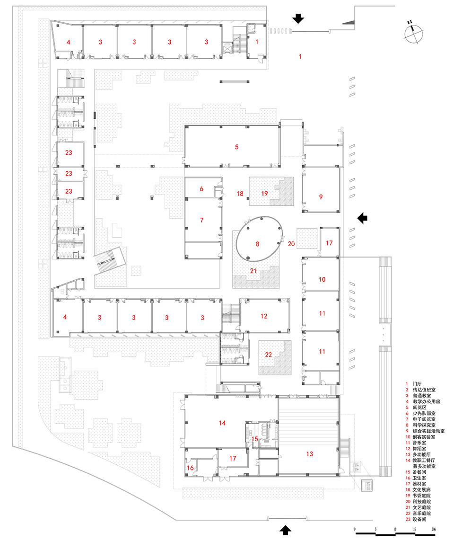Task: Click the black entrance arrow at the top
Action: click(x=299, y=18)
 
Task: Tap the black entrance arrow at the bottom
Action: click(x=286, y=529)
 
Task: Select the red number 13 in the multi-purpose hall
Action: click(x=309, y=454)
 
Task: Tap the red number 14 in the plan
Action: click(x=222, y=423)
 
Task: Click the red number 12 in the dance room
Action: click(x=263, y=316)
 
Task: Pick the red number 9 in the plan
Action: click(x=321, y=196)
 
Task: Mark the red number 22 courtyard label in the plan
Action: click(x=268, y=355)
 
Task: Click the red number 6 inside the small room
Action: click(x=201, y=189)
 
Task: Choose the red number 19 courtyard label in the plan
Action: click(x=264, y=193)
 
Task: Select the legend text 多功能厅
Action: click(x=423, y=454)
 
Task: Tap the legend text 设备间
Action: click(x=420, y=519)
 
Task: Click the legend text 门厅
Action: click(x=417, y=383)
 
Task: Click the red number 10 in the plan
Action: click(x=322, y=280)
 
